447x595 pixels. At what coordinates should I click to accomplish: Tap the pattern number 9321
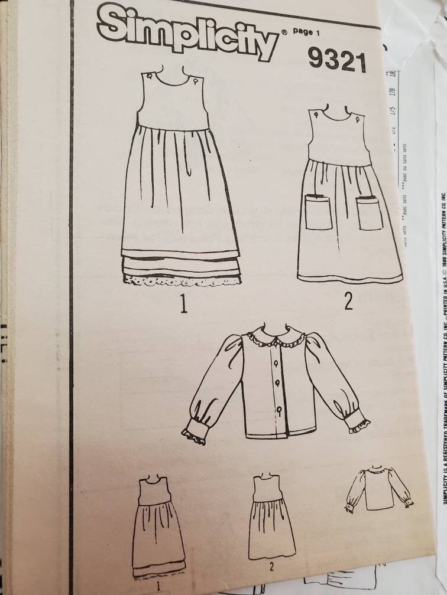[x=337, y=60]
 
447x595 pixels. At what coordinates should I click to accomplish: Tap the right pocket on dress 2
[x=370, y=212]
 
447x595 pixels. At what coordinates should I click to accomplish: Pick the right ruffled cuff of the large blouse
[x=358, y=421]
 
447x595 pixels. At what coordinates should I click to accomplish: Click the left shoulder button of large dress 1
[x=150, y=76]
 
